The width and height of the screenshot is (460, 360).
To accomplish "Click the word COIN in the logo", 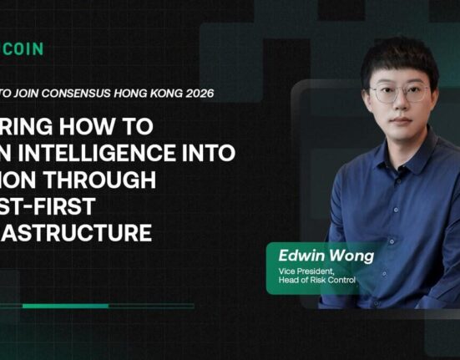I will tap(23, 49).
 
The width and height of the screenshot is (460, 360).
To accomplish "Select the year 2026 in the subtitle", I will tap(195, 94).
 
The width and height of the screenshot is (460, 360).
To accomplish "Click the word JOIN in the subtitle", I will tap(35, 94).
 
